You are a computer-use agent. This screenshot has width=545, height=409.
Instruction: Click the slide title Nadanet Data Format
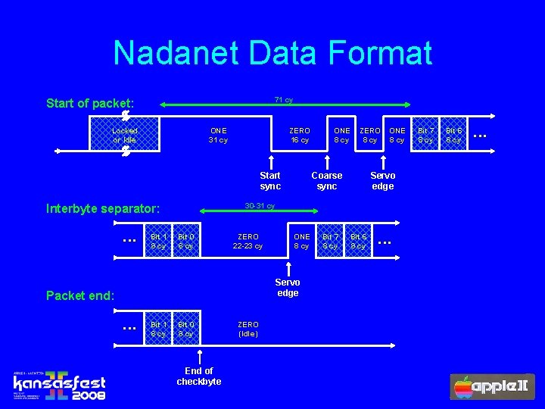tap(272, 54)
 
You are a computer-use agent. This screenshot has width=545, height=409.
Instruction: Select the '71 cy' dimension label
tap(284, 100)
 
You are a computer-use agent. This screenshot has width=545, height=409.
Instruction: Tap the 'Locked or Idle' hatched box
tap(125, 135)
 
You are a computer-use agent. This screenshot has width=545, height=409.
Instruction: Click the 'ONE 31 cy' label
tap(218, 135)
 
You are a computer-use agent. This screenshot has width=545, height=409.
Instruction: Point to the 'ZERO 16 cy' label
tap(300, 135)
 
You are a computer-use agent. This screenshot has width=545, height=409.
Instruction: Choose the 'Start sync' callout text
tap(270, 180)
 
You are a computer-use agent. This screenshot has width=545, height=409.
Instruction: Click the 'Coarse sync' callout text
tap(327, 180)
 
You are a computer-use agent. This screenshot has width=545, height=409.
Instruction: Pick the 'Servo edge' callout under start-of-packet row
tap(383, 180)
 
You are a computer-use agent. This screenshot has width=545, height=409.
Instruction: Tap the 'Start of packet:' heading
tap(90, 103)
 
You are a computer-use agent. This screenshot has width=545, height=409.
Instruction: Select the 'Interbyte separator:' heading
tap(103, 208)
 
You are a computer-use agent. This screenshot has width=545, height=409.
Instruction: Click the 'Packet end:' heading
tap(80, 295)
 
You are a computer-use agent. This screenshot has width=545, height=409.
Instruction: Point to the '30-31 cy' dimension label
tap(260, 206)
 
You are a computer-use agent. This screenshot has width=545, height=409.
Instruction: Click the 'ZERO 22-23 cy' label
tap(248, 241)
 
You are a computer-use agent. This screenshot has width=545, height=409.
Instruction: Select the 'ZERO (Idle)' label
tap(248, 329)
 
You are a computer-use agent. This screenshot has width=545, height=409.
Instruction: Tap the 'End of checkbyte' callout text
tap(199, 376)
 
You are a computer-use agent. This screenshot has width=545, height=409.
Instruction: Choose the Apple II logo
tap(493, 386)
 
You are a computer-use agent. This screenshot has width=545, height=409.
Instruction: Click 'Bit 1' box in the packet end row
tap(158, 329)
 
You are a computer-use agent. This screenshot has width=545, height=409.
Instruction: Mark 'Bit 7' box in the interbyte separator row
tap(330, 241)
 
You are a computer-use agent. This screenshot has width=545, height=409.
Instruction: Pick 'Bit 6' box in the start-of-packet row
tap(453, 135)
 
